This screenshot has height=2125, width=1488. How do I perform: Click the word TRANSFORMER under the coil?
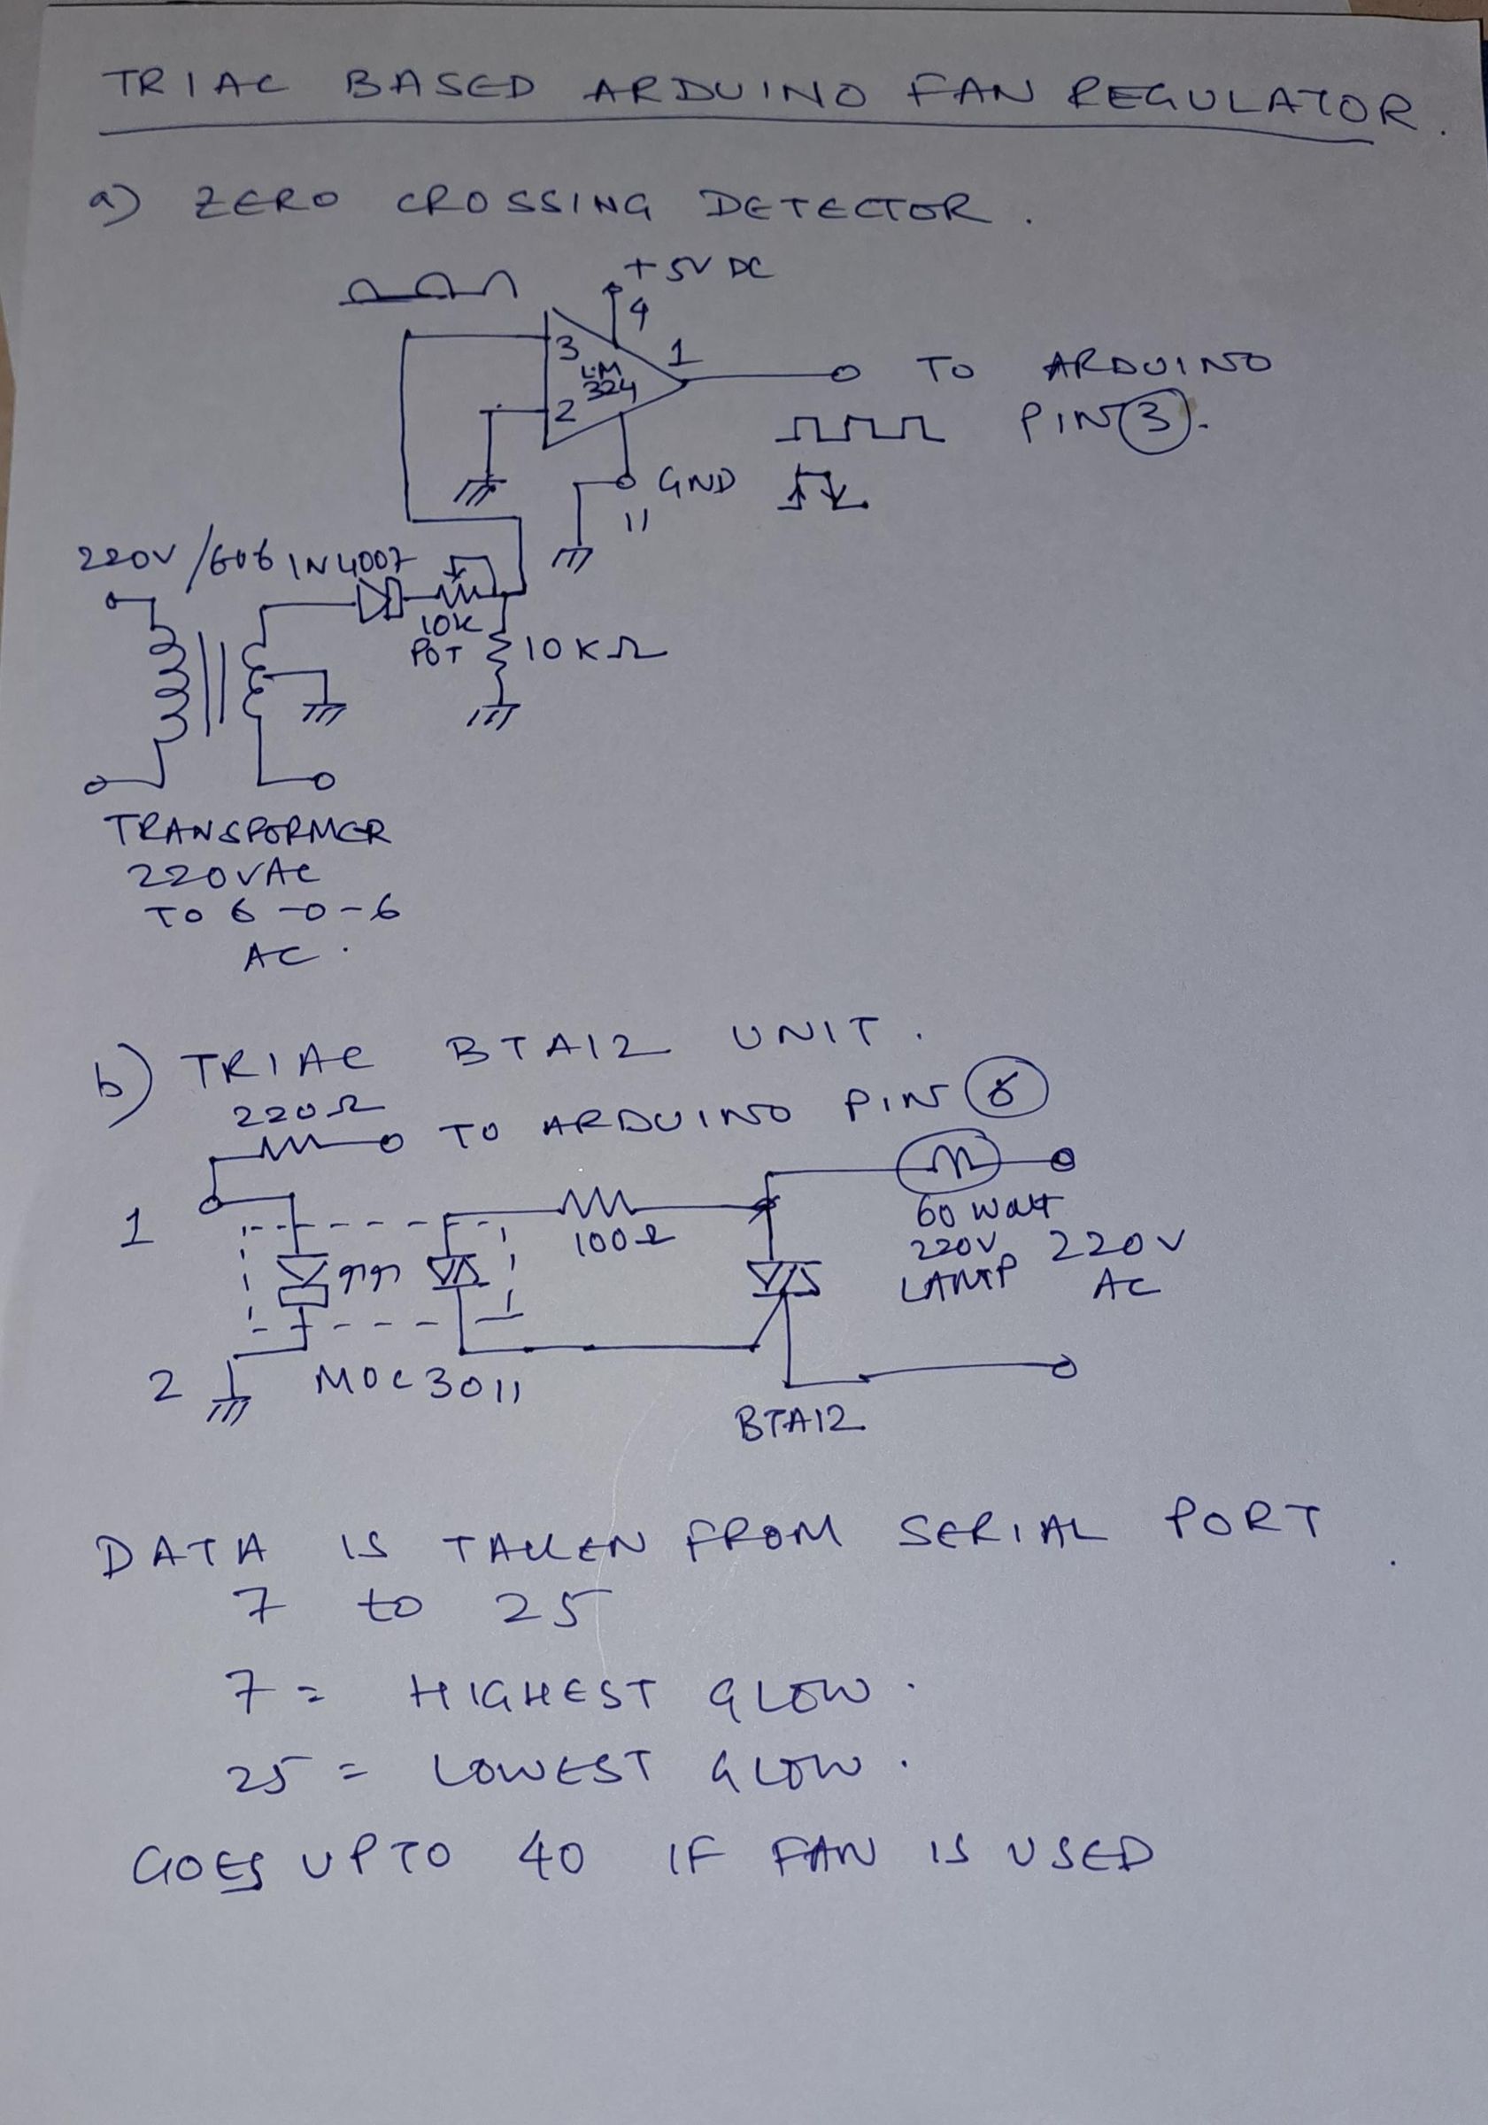(x=251, y=831)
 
